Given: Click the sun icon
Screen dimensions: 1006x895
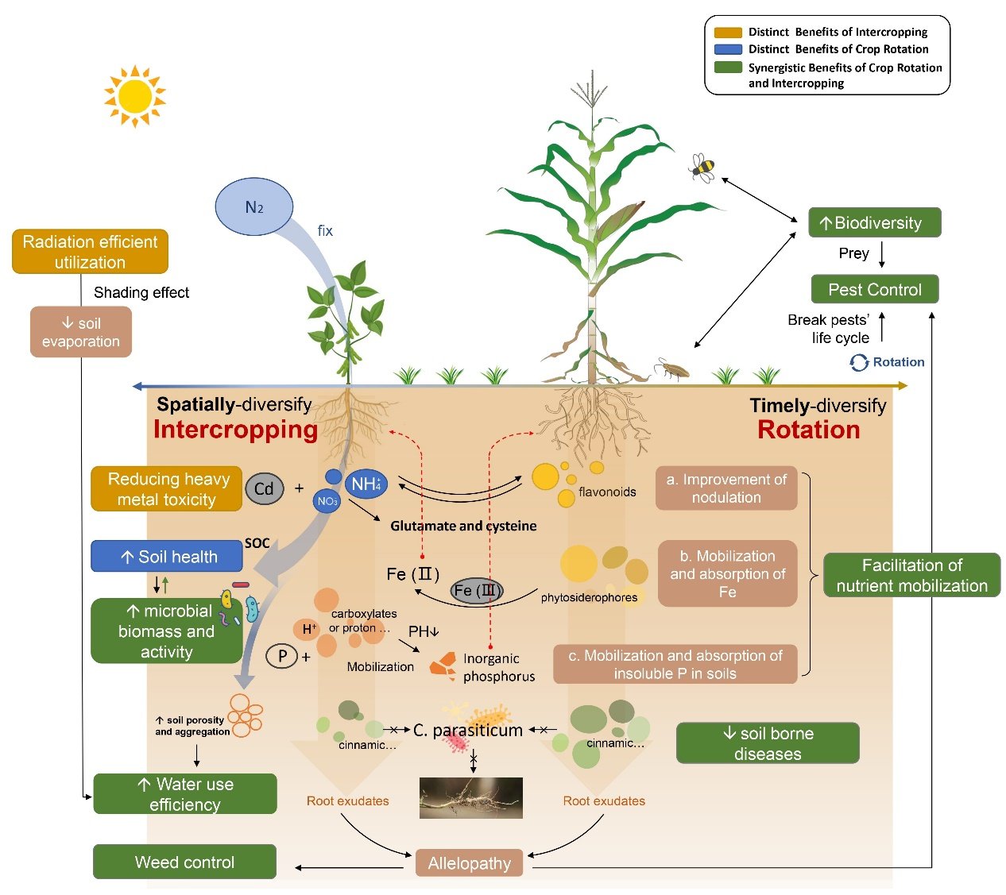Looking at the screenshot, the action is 134,96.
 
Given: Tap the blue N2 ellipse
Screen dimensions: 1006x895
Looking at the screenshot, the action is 253,206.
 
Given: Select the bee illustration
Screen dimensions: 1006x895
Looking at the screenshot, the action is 702,168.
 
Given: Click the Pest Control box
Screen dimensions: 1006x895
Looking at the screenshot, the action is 874,289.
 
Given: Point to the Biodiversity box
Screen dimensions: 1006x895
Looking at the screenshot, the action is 874,222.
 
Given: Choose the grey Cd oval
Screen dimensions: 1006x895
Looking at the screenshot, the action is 264,488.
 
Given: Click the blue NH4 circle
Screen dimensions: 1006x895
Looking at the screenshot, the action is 366,484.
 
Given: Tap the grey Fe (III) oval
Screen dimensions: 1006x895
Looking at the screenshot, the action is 476,591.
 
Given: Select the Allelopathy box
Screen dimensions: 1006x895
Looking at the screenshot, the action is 469,863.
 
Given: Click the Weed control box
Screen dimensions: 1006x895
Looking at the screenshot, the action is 184,862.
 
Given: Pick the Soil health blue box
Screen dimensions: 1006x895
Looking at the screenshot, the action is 167,556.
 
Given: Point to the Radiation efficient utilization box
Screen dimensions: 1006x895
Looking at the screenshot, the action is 90,252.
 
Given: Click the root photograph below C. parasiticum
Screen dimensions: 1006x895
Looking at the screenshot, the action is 470,797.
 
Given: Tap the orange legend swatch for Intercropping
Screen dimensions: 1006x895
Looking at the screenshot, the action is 728,33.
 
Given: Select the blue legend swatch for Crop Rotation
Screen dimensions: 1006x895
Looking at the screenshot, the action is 728,49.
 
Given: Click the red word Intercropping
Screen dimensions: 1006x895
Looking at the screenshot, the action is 235,430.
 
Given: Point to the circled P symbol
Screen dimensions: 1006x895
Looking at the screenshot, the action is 281,656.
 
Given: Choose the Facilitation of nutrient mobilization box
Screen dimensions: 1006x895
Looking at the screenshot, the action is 911,575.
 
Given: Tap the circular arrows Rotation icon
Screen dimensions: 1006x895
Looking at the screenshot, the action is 859,362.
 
